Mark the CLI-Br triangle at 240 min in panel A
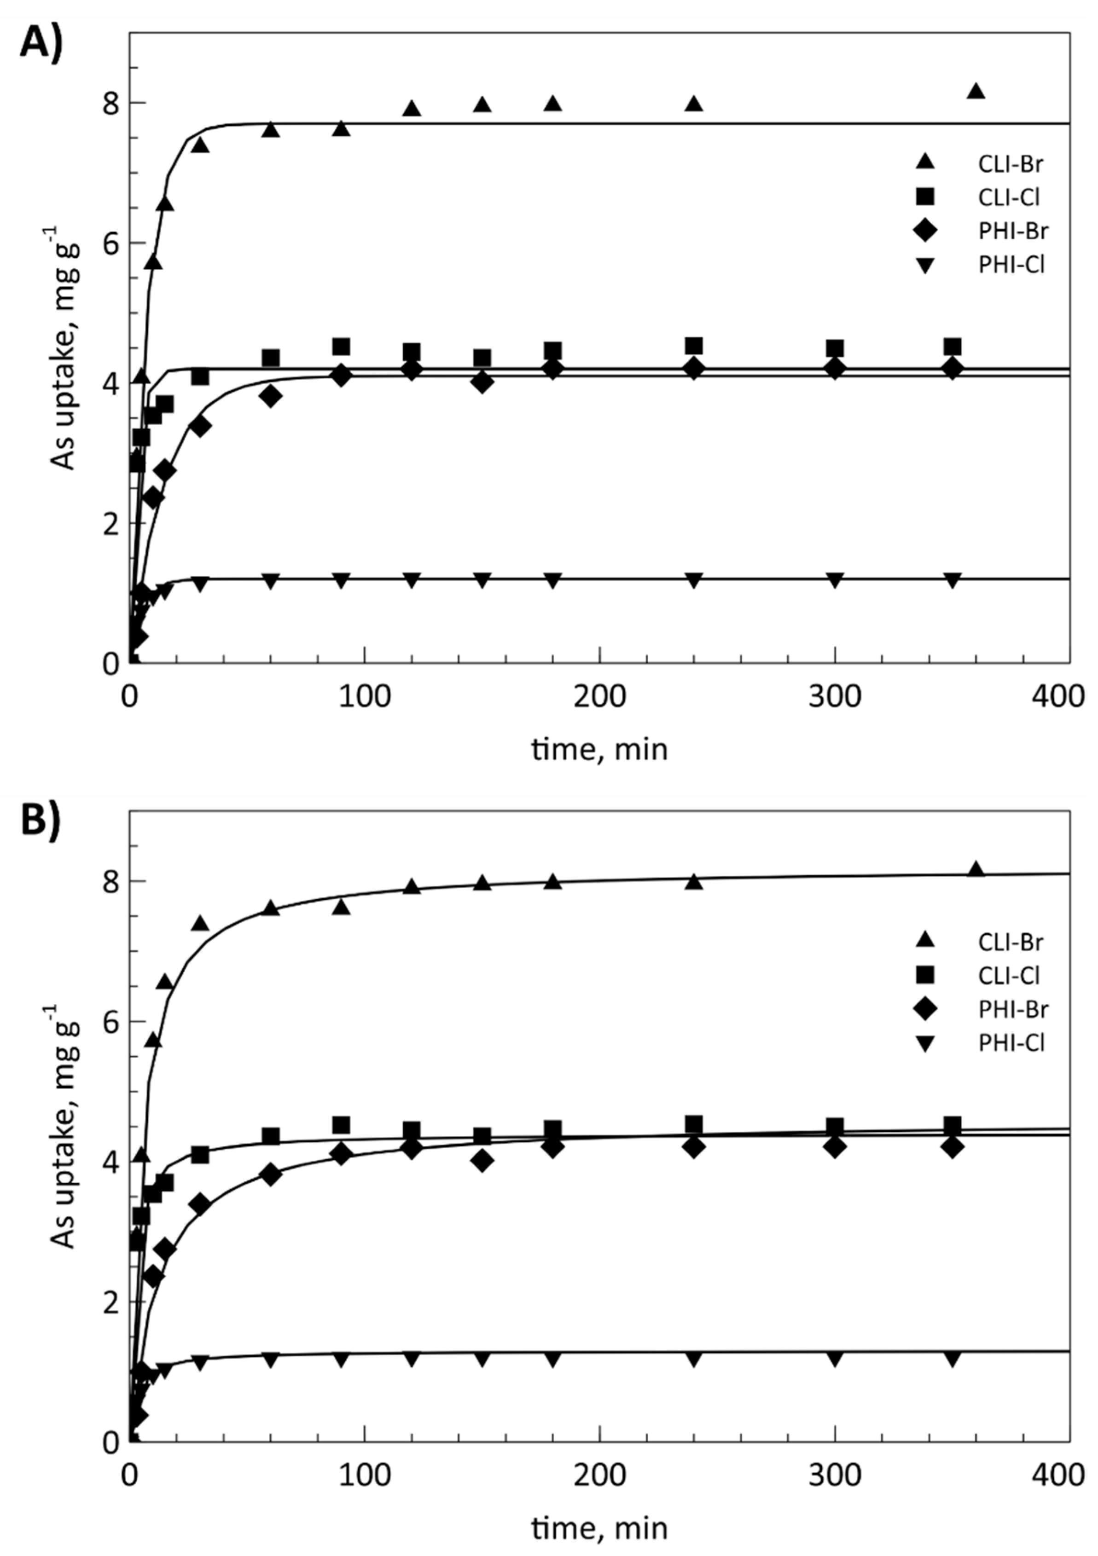point(693,104)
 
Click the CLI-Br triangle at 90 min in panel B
point(341,906)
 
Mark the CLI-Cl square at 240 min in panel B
point(693,1124)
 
